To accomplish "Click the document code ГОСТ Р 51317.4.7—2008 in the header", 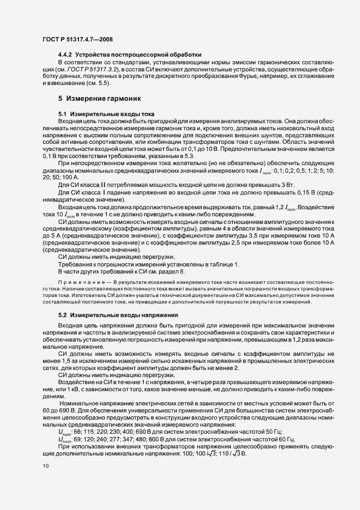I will coord(77,39).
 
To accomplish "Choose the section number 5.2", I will coord(62,315).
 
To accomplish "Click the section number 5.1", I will coord(62,113).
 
